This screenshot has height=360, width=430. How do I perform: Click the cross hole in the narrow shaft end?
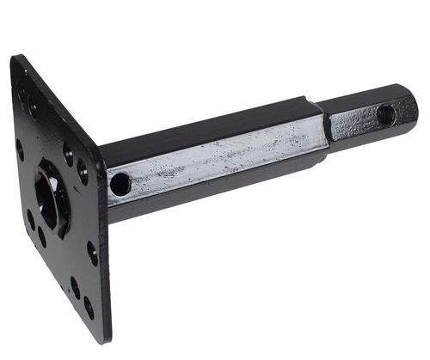coord(385,114)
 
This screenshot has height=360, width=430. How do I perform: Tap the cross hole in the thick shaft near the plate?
coord(120,184)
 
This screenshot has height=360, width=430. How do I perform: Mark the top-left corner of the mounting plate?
coord(15,58)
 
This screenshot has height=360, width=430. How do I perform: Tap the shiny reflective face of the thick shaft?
coord(215,160)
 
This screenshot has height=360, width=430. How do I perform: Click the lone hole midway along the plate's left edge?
coord(20,150)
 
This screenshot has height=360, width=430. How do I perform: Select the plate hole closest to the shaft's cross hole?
coord(83,171)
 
